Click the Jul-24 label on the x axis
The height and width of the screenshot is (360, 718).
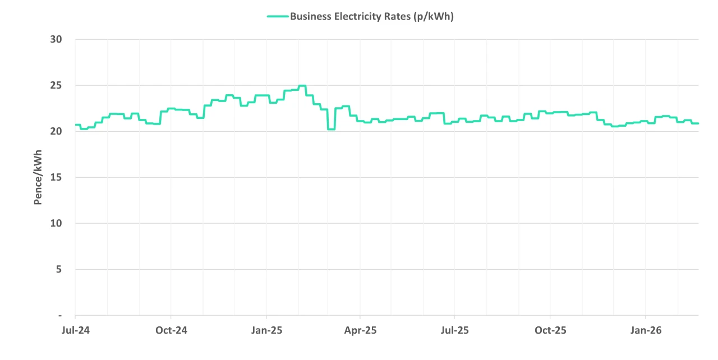75,330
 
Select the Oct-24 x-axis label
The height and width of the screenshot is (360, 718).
171,330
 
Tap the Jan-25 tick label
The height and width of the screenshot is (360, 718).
266,330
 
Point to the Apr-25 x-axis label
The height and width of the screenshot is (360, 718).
360,330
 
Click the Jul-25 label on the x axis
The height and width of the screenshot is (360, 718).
454,330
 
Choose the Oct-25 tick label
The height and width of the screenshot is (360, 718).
550,330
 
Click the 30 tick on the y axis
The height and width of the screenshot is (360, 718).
56,40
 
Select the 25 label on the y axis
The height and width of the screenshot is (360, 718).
56,86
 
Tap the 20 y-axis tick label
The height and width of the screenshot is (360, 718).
56,132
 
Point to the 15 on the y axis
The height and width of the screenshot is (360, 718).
56,178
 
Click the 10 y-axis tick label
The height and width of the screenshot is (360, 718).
56,224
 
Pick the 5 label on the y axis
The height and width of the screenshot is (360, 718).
59,270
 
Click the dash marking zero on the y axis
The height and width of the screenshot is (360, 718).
60,316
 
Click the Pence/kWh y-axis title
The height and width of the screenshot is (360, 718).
38,178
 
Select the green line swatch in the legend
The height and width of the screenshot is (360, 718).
277,17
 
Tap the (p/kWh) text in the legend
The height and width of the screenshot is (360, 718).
433,17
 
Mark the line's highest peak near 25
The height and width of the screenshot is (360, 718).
302,86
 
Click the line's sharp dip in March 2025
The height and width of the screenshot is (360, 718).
331,129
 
